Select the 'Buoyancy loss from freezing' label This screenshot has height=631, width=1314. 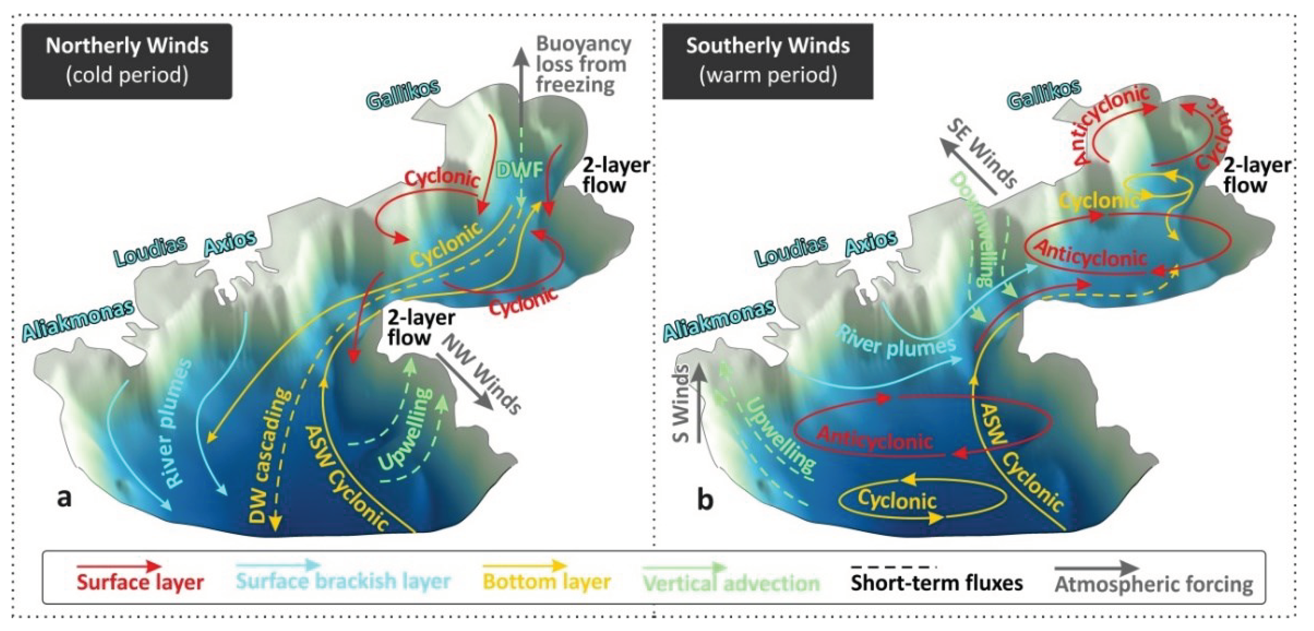coord(583,64)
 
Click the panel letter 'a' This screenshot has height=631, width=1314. coord(64,497)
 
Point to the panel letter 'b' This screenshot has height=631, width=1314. coord(705,500)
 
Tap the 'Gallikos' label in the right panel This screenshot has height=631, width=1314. coord(1045,94)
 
